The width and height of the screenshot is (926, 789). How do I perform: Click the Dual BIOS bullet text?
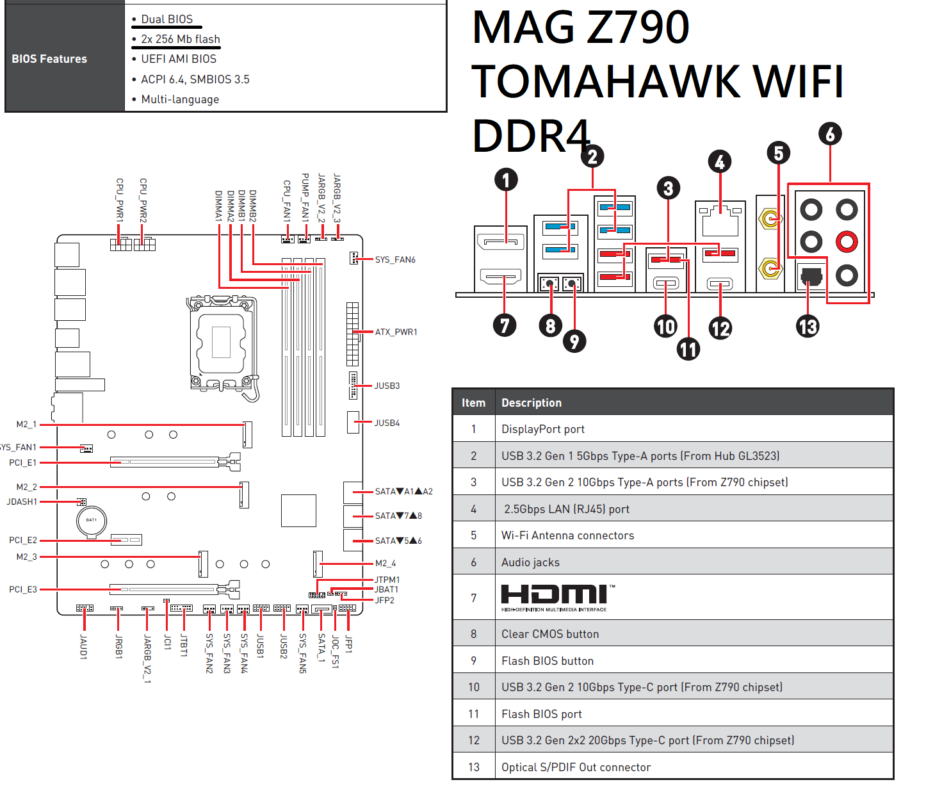pos(167,19)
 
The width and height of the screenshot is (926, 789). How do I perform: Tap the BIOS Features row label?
pos(49,59)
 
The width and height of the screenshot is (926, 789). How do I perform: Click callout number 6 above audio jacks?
pos(830,134)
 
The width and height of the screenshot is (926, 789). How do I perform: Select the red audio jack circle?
pos(847,241)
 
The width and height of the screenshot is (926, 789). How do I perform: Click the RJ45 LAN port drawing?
pos(720,221)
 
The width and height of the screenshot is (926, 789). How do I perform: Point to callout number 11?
pos(688,349)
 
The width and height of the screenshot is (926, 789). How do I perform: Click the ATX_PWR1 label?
pos(396,332)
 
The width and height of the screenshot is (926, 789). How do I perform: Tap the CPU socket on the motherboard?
pos(221,342)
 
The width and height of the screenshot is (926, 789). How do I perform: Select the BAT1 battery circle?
pos(92,522)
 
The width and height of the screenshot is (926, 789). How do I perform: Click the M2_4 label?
pos(385,564)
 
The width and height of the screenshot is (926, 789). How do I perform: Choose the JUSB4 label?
pos(387,423)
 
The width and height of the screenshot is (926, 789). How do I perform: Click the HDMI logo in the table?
pos(557,598)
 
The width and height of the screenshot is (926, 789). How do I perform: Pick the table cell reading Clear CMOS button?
pos(550,634)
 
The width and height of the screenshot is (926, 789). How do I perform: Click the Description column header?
pos(531,403)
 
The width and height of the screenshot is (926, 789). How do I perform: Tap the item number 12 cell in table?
pos(474,740)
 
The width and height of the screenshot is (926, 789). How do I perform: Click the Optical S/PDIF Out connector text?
pos(576,767)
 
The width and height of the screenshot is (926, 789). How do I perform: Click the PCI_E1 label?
pos(23,462)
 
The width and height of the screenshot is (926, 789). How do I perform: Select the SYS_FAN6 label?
pos(395,259)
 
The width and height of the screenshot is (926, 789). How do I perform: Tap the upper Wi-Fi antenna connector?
pos(770,219)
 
